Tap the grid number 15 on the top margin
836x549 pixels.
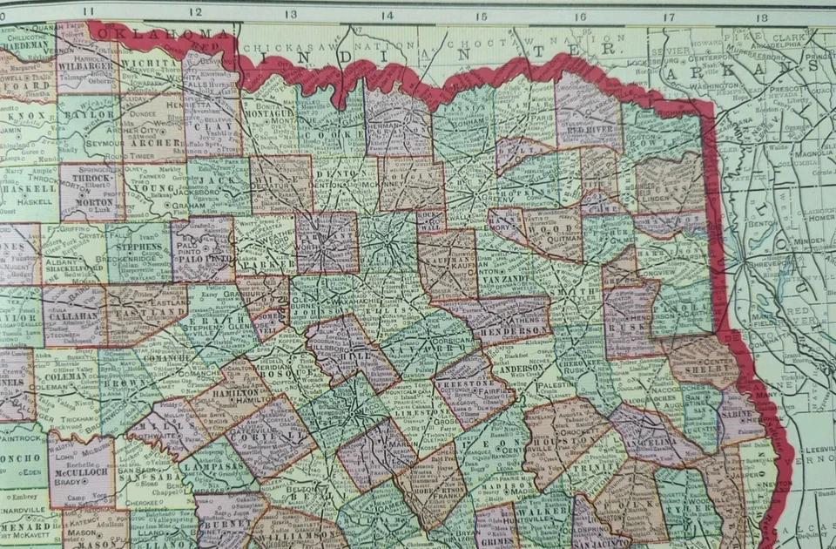(x=481, y=16)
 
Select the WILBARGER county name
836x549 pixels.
(x=86, y=64)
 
